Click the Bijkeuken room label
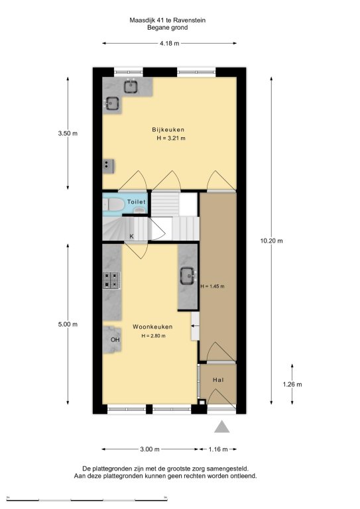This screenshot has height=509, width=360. [168, 129]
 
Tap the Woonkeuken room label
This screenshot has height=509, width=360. [152, 327]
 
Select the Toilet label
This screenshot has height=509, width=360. [137, 202]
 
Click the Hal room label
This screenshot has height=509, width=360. [219, 380]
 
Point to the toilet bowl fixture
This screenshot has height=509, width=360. [113, 205]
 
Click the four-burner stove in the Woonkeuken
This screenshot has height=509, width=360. [111, 280]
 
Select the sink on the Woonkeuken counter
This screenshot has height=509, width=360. [188, 276]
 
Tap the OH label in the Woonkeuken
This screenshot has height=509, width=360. [115, 340]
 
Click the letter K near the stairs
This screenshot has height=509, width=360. [131, 237]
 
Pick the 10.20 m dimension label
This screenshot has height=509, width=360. [271, 241]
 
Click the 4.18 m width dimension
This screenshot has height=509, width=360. [170, 43]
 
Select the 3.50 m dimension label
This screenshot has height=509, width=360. [68, 133]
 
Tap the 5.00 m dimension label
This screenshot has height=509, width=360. [68, 324]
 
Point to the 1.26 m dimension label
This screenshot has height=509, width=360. [292, 384]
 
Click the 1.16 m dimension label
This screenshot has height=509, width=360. [218, 449]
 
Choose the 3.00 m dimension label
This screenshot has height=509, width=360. [150, 449]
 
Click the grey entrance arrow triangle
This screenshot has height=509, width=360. [221, 427]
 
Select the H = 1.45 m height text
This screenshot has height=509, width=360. [212, 286]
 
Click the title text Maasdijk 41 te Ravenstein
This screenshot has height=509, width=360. [168, 20]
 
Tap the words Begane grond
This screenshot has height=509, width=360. [168, 28]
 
